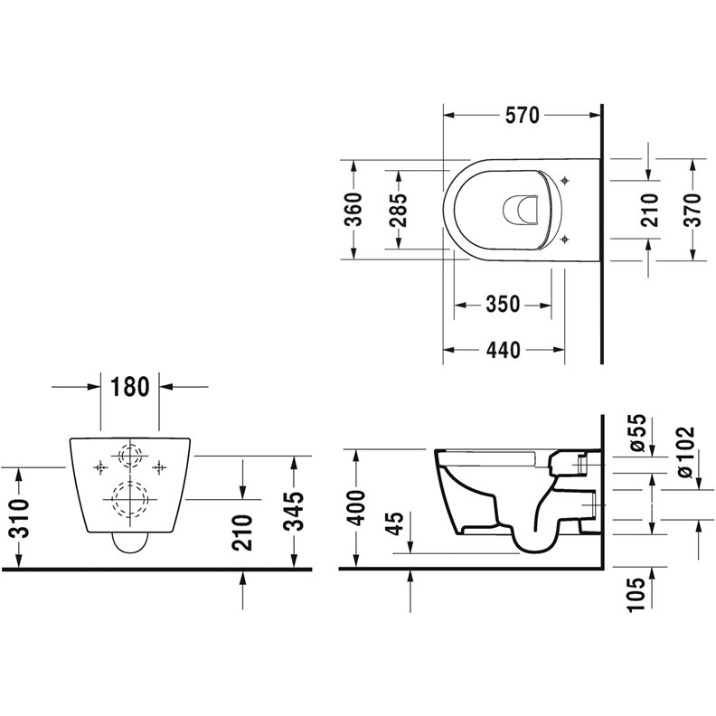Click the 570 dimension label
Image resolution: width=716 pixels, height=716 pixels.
click(x=522, y=115)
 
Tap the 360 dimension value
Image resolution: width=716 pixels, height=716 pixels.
click(x=353, y=210)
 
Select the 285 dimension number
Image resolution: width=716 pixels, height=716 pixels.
click(x=398, y=211)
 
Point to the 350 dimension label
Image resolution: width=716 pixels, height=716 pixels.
click(x=503, y=304)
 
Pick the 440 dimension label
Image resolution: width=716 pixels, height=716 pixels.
click(x=504, y=350)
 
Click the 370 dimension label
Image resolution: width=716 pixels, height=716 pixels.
click(x=692, y=210)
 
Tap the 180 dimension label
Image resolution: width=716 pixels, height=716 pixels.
click(x=130, y=387)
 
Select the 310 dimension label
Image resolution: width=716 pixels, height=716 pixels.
click(x=20, y=518)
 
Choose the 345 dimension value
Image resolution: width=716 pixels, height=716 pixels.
click(x=293, y=512)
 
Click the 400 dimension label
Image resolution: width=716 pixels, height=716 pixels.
click(x=355, y=508)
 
